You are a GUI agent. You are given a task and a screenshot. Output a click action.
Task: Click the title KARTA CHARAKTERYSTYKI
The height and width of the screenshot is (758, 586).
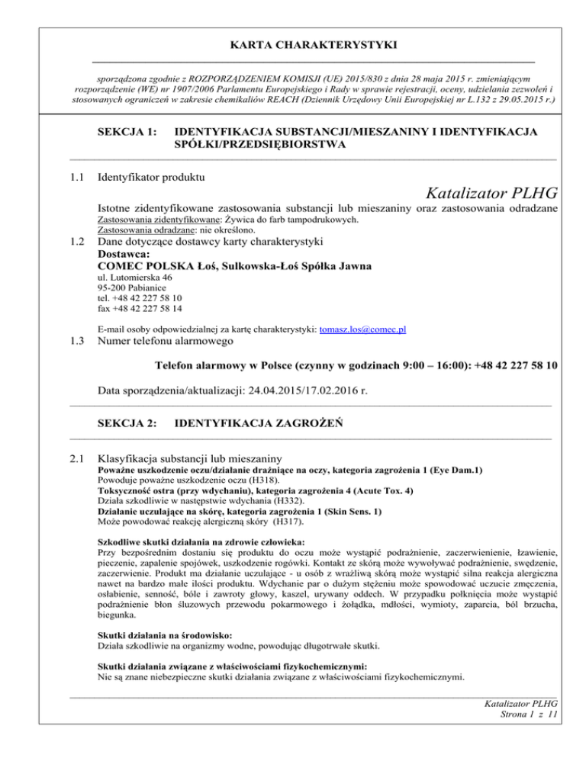point(292,45)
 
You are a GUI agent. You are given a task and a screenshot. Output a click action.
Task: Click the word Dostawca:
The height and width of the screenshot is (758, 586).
point(124,255)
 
